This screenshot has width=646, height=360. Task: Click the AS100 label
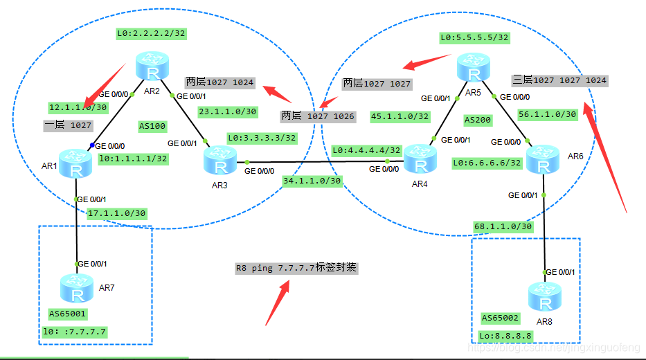[152, 127]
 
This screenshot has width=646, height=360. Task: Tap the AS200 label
[477, 120]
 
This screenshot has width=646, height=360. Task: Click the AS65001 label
[68, 313]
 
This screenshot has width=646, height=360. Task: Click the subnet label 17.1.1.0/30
[116, 213]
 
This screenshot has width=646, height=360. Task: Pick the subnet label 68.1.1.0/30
[503, 226]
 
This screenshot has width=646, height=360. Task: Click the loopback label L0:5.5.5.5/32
[474, 37]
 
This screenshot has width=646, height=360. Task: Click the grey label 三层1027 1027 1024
[559, 80]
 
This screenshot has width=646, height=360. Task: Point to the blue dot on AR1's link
[91, 146]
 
